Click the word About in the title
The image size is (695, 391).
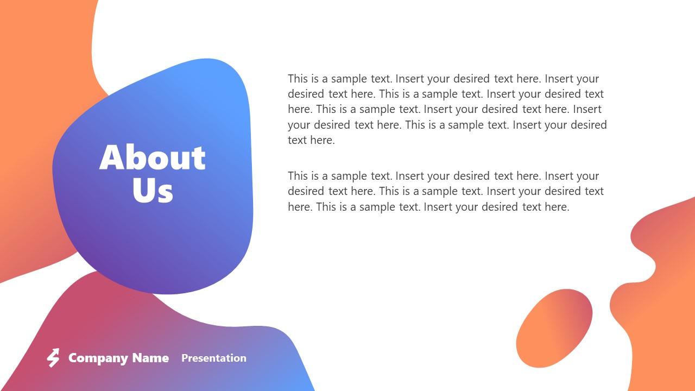tap(153, 158)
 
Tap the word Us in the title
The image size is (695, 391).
tap(153, 191)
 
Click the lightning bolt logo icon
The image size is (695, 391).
tap(53, 358)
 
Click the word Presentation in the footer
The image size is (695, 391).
tap(213, 358)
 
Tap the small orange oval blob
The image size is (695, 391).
tap(554, 327)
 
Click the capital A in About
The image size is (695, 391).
tap(112, 158)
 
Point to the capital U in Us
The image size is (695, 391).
tap(143, 191)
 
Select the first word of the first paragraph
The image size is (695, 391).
tap(298, 79)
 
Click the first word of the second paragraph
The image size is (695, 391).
tap(298, 176)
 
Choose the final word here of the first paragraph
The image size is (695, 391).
tap(323, 141)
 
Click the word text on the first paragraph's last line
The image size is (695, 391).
tap(298, 141)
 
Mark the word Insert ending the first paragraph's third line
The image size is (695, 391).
tap(587, 110)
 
